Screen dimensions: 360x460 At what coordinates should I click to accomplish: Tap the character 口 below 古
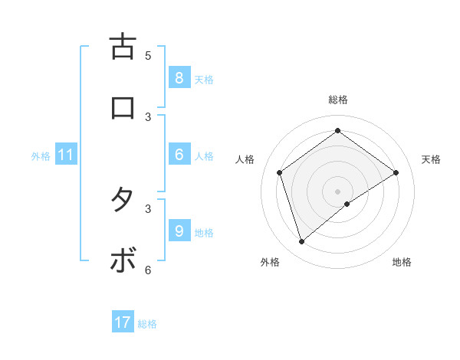click(x=122, y=108)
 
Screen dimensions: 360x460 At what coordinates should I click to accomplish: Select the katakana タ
click(x=122, y=200)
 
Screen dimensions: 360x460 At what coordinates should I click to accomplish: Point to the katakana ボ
click(x=122, y=261)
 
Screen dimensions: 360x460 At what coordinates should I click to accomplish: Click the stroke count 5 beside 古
click(x=148, y=55)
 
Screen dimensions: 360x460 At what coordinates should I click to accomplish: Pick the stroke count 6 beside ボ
click(x=148, y=270)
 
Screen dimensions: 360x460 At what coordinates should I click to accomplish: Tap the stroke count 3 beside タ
click(x=148, y=208)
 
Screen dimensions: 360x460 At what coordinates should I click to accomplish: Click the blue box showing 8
click(x=179, y=78)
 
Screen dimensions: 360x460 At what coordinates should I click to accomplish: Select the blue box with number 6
click(x=179, y=155)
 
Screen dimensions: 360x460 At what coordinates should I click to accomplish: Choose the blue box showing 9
click(x=179, y=231)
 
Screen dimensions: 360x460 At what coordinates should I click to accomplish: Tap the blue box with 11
click(x=66, y=155)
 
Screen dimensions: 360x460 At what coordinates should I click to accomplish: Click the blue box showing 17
click(x=122, y=323)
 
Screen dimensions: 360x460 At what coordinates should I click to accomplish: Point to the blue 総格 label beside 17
click(x=147, y=324)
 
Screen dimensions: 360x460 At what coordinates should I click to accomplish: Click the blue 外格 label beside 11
click(x=41, y=156)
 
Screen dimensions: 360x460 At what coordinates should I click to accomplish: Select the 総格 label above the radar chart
click(x=338, y=100)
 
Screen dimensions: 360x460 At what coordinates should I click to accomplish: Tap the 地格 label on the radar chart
click(x=402, y=262)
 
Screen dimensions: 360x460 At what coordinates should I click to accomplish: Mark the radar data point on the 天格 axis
click(x=396, y=172)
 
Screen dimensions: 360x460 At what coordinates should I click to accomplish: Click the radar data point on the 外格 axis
click(x=302, y=242)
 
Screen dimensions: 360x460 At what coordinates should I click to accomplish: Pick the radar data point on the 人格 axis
click(x=280, y=172)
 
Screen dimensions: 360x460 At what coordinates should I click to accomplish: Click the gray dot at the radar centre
click(x=338, y=191)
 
